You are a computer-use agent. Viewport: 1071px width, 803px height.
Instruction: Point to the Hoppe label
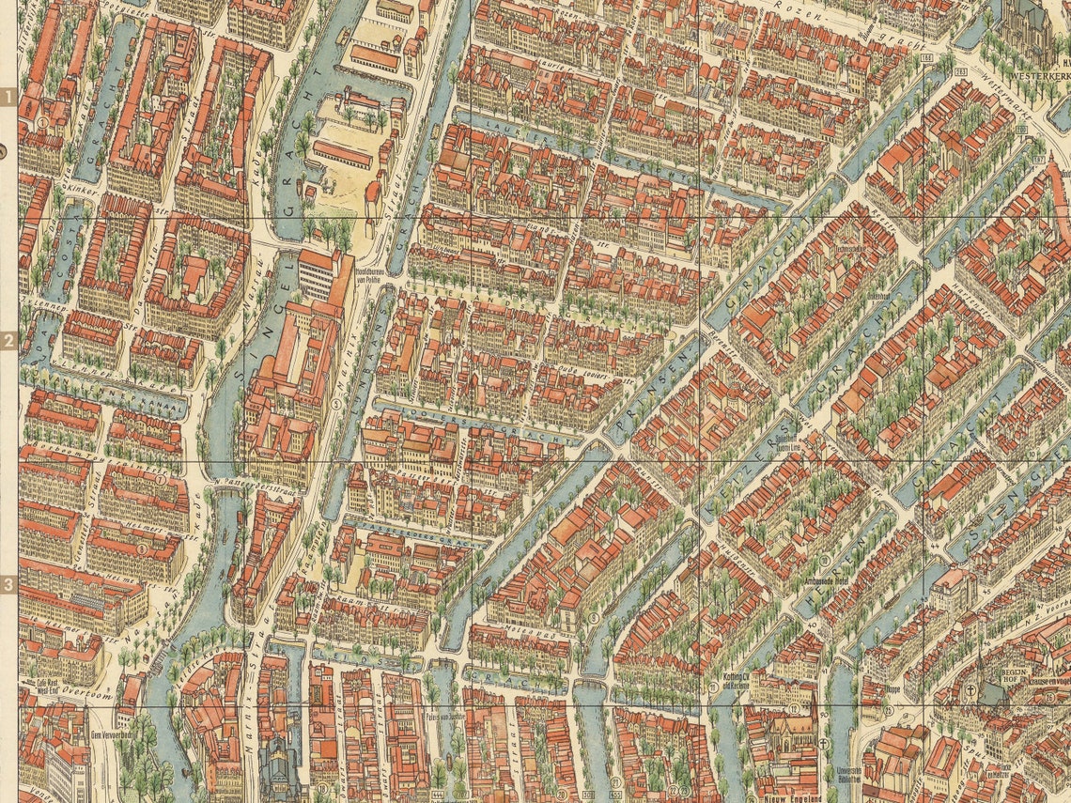pos(892,688)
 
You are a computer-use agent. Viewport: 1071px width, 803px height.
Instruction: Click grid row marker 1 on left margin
pos(8,97)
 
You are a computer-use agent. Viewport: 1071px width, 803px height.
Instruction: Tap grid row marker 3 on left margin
pos(8,584)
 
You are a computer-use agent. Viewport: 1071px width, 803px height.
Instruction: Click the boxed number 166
pos(928,58)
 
